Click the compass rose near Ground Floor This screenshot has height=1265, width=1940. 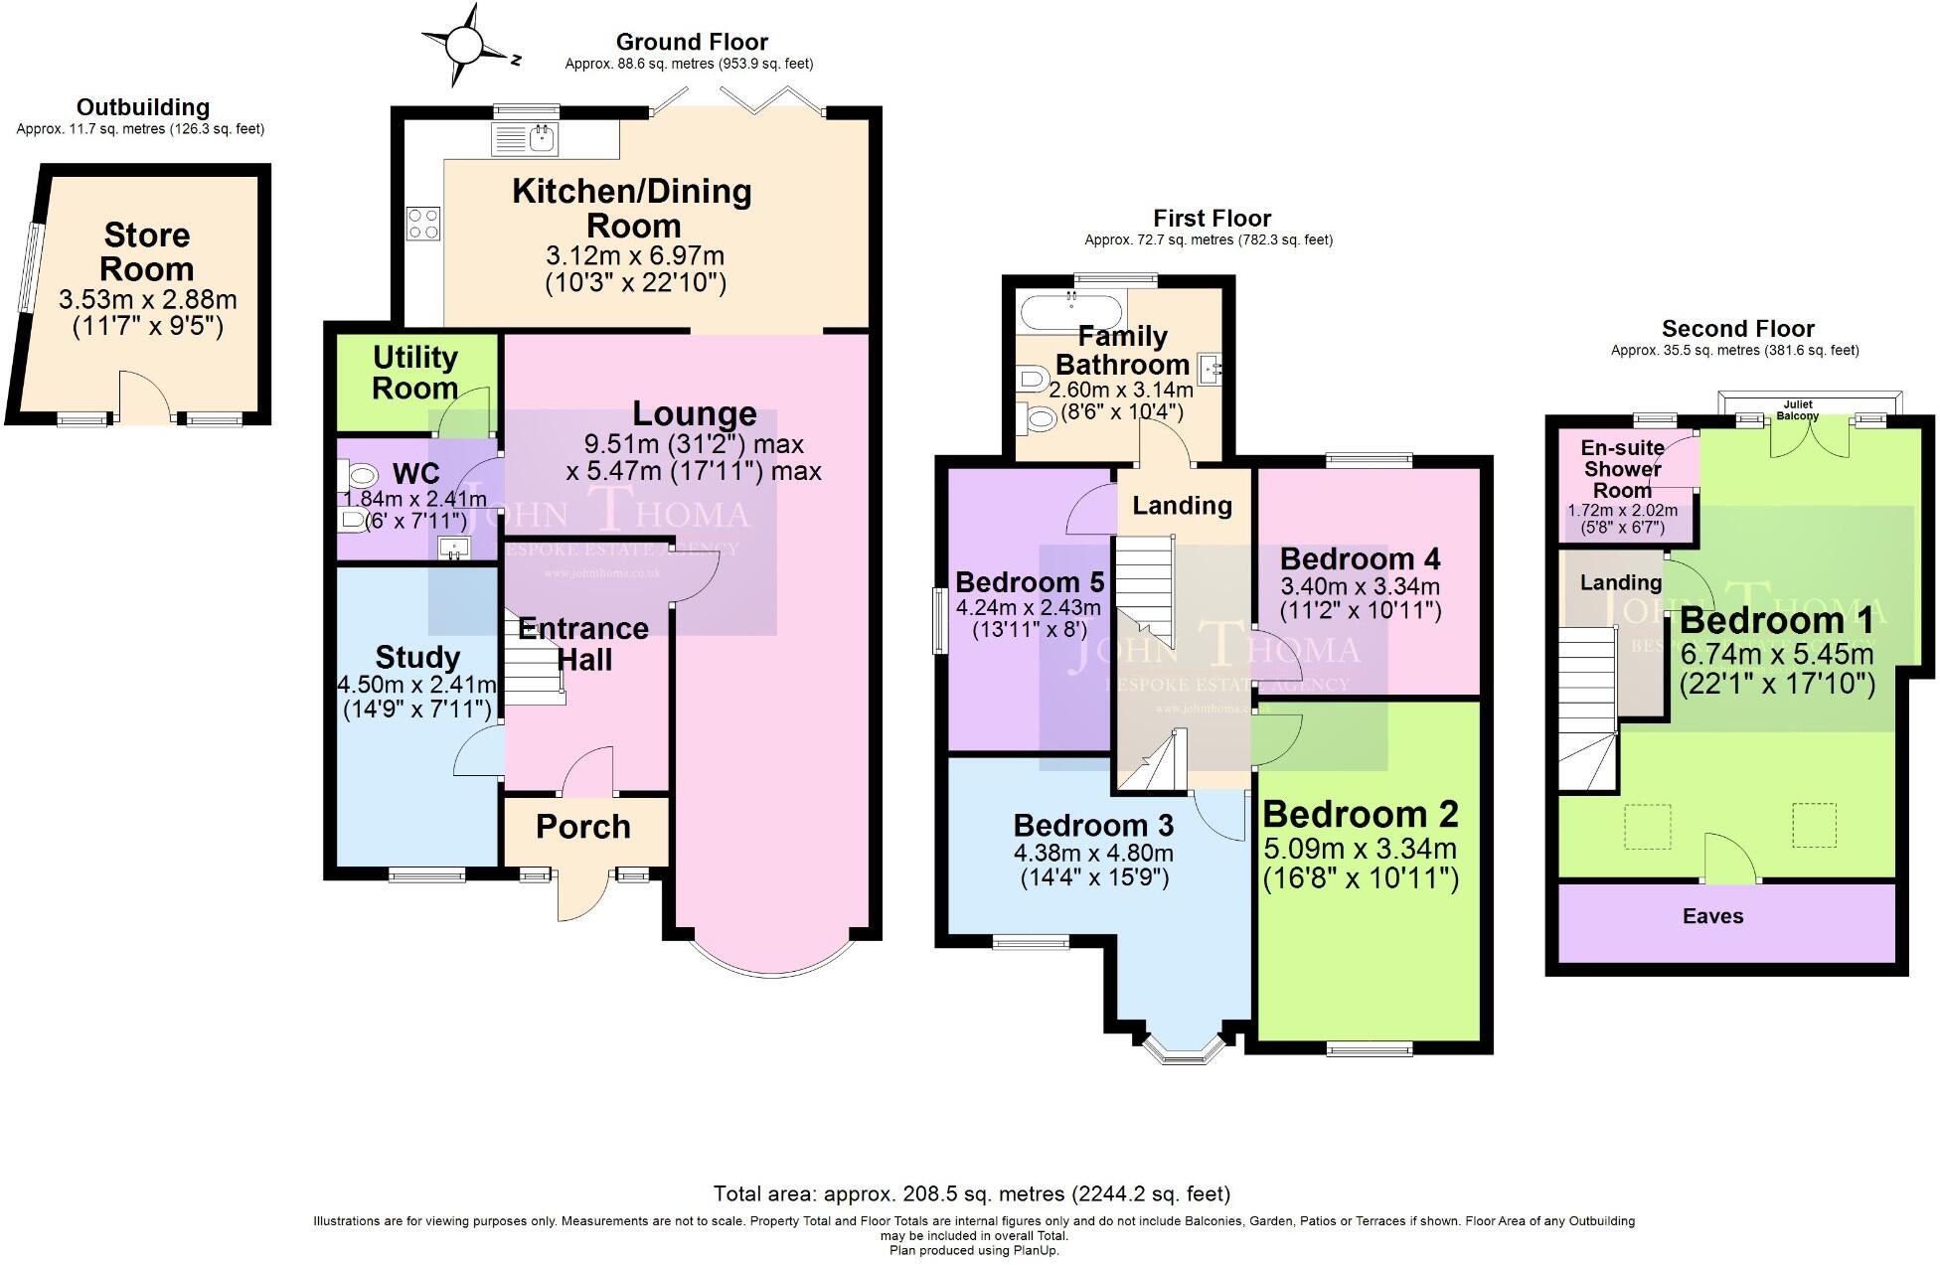point(463,46)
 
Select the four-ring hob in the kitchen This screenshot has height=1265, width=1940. point(423,223)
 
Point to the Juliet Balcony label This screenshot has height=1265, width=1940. point(1797,410)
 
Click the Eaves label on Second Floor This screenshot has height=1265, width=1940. point(1712,916)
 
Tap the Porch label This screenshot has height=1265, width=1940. point(583,827)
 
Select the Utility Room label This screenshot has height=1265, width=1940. point(415,373)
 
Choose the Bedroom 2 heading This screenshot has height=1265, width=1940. point(1361,814)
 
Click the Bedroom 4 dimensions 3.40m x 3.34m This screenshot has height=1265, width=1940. point(1360,586)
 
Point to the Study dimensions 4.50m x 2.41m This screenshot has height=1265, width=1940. point(416,685)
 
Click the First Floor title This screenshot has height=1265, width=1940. point(1212,218)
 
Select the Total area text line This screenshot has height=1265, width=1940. point(971,1193)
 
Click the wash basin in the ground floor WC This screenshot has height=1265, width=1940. point(454,548)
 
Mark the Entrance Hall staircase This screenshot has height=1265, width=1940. point(534,661)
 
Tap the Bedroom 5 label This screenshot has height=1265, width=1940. point(1029,581)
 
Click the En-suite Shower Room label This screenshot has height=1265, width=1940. point(1622,469)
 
